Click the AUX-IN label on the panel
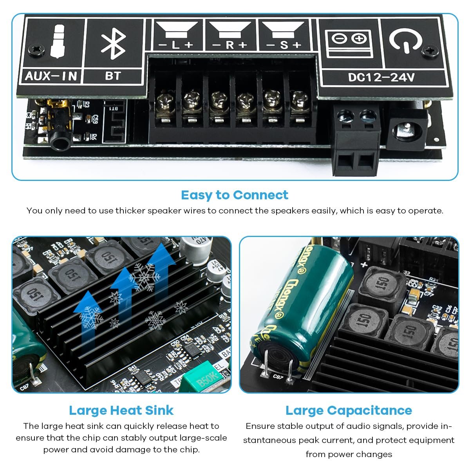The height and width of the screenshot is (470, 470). point(51,75)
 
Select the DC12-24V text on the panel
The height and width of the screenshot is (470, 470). point(381,77)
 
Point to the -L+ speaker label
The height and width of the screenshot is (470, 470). point(176,45)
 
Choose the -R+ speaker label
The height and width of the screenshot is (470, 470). point(230,45)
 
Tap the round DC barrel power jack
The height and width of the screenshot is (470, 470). point(407,130)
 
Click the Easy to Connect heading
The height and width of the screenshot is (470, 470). point(235,195)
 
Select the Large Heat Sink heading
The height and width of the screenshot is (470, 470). point(121,410)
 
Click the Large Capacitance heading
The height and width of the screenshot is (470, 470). point(349,410)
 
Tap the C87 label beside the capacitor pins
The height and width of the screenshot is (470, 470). point(277,377)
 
